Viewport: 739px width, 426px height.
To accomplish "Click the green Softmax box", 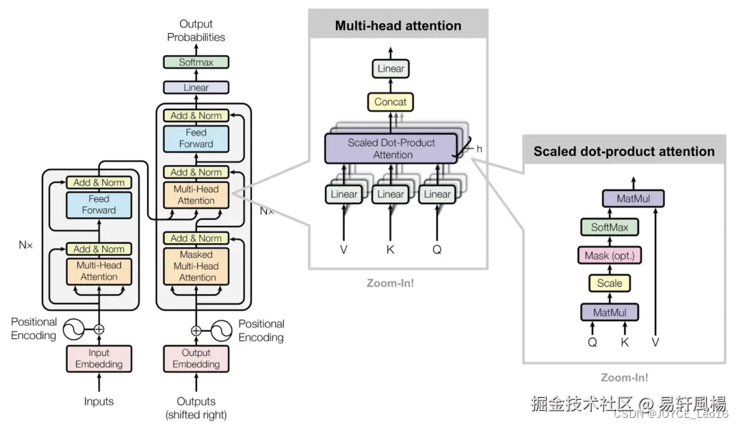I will point(196,62).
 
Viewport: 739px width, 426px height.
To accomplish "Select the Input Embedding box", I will point(99,358).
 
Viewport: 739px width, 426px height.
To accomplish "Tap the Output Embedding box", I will point(196,358).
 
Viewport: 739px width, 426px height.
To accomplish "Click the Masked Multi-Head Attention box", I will point(197,266).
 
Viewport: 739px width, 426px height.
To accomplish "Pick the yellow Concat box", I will point(390,102).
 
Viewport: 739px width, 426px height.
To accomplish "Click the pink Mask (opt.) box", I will point(609,256).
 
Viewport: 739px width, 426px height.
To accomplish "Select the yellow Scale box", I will point(609,283).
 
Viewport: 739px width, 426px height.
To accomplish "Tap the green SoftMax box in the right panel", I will point(609,227).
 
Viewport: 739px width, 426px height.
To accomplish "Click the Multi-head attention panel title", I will point(398,26).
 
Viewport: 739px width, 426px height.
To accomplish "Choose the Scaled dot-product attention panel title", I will point(623,151).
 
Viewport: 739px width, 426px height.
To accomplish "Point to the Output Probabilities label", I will point(196,31).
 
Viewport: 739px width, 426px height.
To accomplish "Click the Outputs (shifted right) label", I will point(196,408).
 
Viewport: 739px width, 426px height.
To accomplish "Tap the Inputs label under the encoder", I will point(99,401).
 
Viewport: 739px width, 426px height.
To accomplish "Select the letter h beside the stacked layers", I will point(479,149).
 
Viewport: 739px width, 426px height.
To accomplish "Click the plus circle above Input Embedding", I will point(99,329).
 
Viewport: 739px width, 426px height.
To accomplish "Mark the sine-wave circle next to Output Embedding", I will point(221,331).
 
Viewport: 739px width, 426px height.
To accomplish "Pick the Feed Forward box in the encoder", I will point(99,205).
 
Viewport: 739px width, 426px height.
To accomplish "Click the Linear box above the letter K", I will point(390,195).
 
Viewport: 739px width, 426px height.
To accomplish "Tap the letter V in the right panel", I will point(655,340).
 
